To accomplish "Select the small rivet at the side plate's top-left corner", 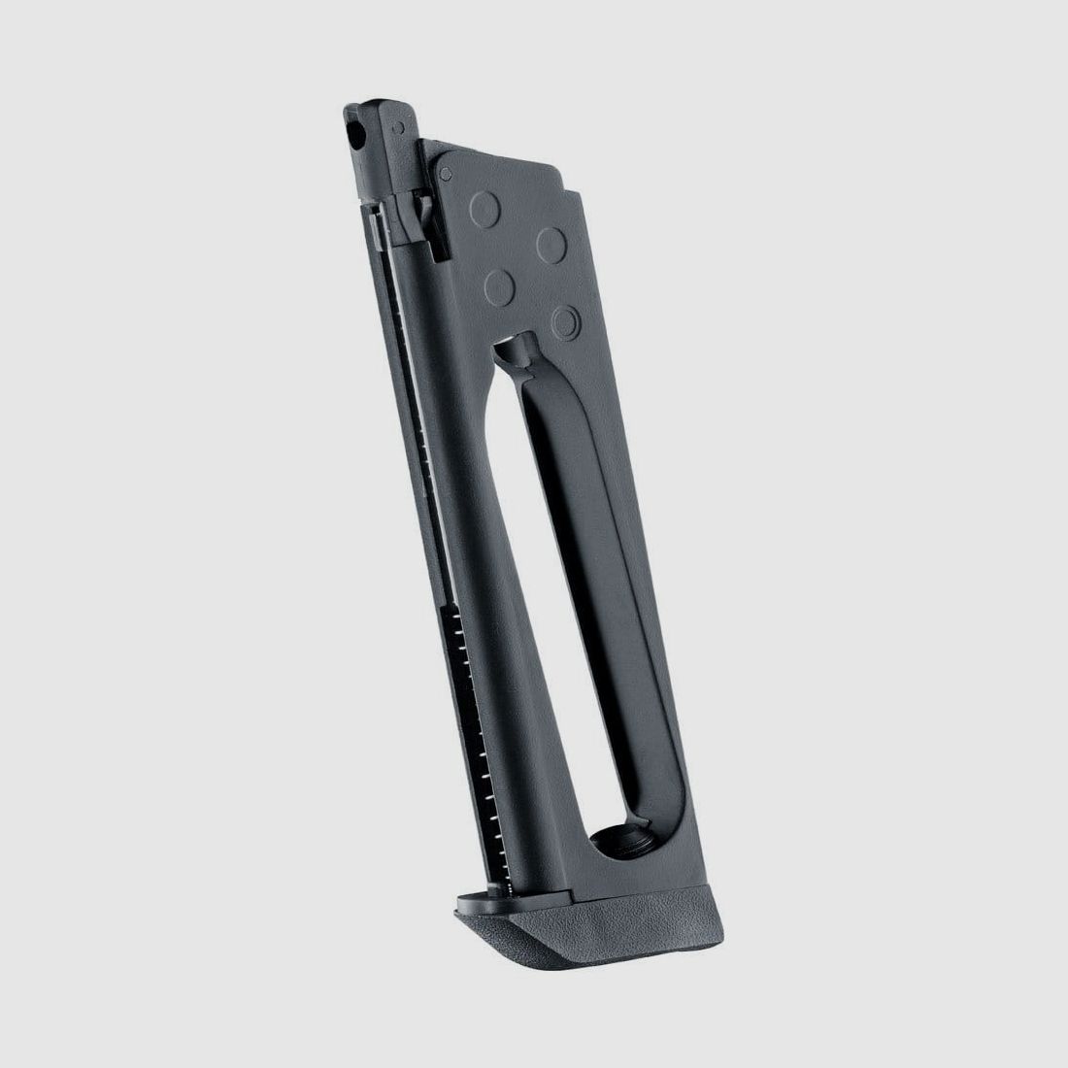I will tap(446, 173).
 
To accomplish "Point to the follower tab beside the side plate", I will tap(424, 210).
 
